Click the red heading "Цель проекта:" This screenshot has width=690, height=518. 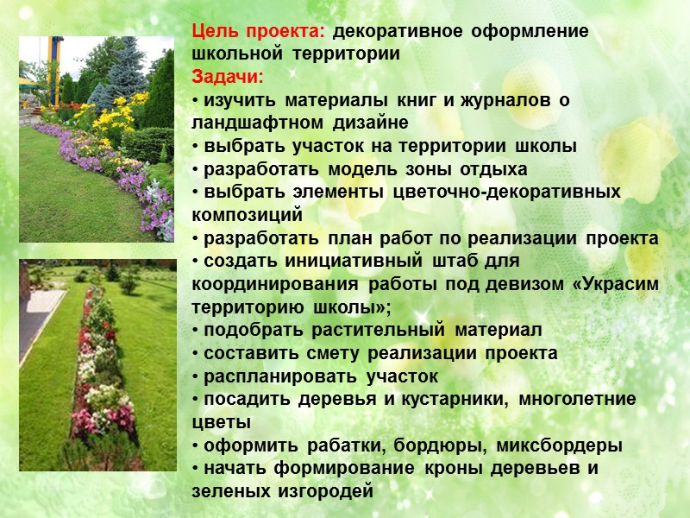[x=258, y=32]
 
